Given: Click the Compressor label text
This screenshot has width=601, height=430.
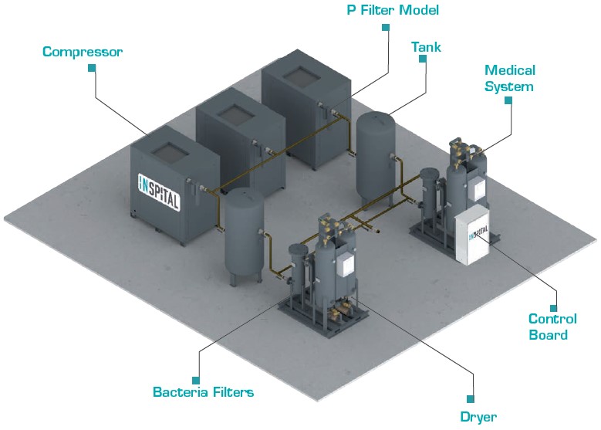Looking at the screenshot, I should tap(83, 52).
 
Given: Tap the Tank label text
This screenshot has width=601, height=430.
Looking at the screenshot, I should tap(426, 47).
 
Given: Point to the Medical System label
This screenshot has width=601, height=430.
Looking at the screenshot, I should tap(508, 79).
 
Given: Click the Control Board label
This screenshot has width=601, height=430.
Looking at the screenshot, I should tap(552, 327).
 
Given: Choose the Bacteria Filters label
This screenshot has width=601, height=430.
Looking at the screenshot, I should tap(203, 392).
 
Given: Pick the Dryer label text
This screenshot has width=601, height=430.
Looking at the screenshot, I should tap(478, 417).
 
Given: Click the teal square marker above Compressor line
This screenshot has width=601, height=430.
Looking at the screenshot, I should tap(92, 68).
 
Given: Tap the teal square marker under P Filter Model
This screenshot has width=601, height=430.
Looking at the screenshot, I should tap(384, 26).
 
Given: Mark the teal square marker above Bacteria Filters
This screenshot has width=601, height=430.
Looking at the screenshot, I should tap(196, 379).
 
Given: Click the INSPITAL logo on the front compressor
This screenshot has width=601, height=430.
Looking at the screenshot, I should tap(158, 192).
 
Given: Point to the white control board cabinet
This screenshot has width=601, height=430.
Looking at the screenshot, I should tap(472, 235).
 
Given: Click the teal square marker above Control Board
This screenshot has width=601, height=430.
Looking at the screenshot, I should tap(552, 296).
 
